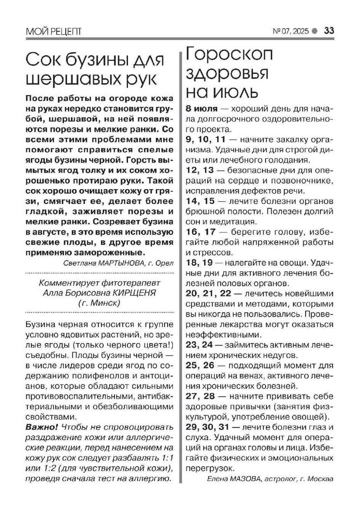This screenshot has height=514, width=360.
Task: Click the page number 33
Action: (329, 31)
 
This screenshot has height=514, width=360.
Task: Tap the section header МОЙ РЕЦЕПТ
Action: (53, 31)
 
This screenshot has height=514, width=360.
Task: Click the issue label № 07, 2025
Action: (291, 31)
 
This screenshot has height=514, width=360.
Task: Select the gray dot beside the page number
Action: (314, 31)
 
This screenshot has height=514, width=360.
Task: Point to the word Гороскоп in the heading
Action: (229, 54)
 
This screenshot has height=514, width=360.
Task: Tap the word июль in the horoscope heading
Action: (235, 92)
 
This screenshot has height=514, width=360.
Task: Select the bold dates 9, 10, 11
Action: (205, 139)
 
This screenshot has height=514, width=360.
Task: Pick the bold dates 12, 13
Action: (200, 170)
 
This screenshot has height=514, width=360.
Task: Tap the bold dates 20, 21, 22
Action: (208, 294)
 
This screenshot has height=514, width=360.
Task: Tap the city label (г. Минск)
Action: (99, 303)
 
